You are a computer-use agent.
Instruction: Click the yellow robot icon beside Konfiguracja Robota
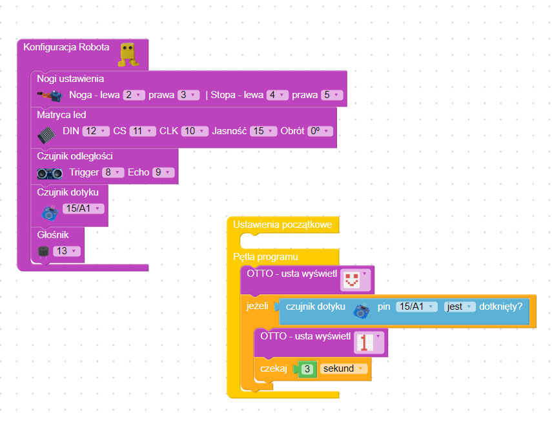point(127,54)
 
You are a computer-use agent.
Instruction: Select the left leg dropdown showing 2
point(134,95)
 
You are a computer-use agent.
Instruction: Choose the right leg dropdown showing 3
point(190,95)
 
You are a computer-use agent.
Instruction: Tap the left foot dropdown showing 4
point(278,95)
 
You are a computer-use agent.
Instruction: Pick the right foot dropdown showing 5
point(332,95)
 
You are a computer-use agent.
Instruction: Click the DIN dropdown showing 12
point(96,131)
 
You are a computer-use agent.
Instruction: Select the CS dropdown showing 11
point(142,131)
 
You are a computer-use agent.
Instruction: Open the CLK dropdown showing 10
point(194,131)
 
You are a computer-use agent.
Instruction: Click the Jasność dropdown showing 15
point(263,131)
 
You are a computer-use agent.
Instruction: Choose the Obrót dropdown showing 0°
point(320,131)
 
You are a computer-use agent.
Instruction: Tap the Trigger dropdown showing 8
point(112,172)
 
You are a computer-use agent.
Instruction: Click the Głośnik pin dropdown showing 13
point(66,251)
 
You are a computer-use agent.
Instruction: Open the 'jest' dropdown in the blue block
point(460,306)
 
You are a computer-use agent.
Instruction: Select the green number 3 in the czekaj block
point(308,368)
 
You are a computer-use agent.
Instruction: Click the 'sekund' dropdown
point(343,368)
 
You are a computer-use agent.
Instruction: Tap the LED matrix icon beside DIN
point(47,134)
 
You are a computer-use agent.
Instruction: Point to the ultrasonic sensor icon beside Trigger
point(50,173)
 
